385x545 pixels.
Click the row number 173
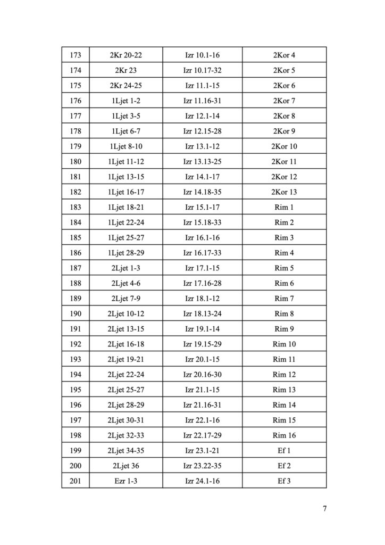(75, 55)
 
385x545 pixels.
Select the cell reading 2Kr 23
(125, 70)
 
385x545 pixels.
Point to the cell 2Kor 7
(284, 101)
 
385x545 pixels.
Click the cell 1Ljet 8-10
(125, 146)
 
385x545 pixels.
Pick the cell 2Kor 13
(284, 192)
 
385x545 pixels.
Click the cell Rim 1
(284, 207)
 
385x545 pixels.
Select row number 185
(75, 237)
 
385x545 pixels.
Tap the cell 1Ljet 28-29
(125, 253)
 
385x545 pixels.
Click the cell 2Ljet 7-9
(125, 299)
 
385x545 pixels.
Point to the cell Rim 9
(284, 329)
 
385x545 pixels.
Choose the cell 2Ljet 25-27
(125, 390)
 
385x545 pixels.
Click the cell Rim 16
(284, 435)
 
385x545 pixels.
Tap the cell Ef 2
(284, 466)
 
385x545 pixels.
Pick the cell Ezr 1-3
(125, 481)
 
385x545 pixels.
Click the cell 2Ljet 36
(125, 466)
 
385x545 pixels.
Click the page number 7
(324, 508)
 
